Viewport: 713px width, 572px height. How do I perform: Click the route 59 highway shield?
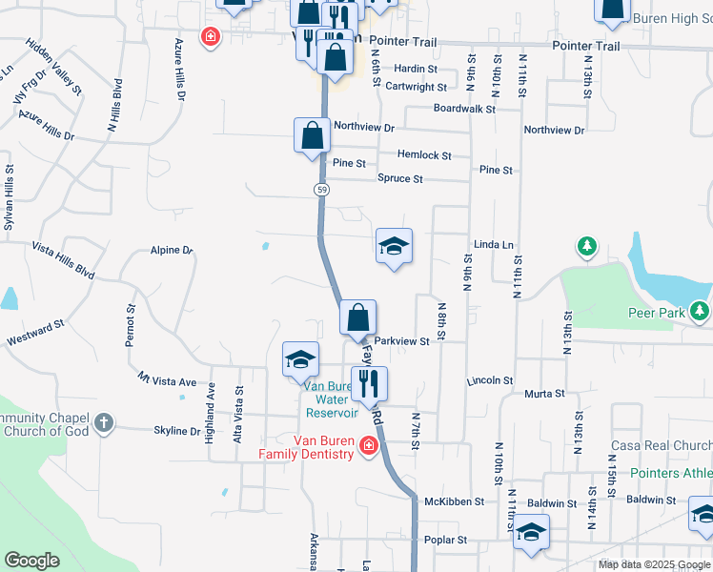point(322,191)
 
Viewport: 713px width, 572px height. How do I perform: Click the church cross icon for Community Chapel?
point(104,420)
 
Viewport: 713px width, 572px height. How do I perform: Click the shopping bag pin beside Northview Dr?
point(312,136)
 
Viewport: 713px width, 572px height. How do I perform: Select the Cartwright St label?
point(415,87)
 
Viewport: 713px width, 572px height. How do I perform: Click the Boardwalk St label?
point(464,109)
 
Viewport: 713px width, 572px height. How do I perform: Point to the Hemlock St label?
point(424,155)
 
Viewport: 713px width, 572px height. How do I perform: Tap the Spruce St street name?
point(400,178)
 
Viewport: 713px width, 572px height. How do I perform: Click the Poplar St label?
point(446,540)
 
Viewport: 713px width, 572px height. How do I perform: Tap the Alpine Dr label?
point(172,251)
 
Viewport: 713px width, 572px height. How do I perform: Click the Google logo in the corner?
point(32,561)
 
